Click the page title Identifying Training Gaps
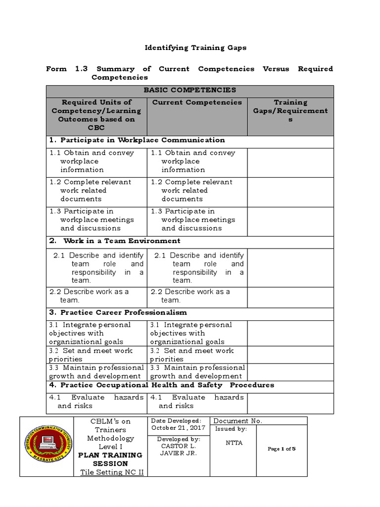(195, 48)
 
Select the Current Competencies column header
(197, 102)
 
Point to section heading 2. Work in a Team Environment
(115, 241)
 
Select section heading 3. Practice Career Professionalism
(118, 312)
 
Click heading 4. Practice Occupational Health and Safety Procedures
(161, 385)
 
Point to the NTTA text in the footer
(234, 443)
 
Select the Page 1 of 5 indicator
(281, 449)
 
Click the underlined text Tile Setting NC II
(112, 472)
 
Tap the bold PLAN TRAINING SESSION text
(111, 459)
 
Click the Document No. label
(237, 421)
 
